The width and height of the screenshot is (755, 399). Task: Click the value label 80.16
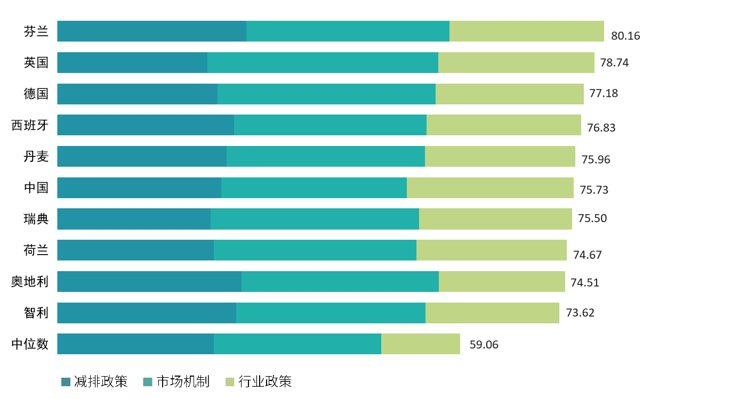(x=625, y=36)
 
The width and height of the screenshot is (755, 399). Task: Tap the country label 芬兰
(x=36, y=31)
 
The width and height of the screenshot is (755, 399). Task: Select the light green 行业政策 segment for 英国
(x=516, y=62)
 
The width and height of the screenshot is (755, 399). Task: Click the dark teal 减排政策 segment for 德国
(x=137, y=94)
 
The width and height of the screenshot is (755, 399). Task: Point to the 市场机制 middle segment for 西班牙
(x=330, y=125)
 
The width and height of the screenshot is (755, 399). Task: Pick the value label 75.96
(x=596, y=159)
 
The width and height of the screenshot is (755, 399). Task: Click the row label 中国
(x=36, y=188)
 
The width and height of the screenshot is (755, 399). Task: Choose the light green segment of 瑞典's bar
(x=495, y=219)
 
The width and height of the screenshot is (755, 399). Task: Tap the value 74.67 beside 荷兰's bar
(x=587, y=255)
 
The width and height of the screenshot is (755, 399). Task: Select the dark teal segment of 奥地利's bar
(x=149, y=281)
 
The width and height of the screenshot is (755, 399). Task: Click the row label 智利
(x=36, y=313)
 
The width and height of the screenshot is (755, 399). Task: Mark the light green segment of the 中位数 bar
(x=420, y=344)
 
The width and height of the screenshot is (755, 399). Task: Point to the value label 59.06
(x=484, y=345)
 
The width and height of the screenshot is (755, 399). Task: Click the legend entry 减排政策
(x=95, y=381)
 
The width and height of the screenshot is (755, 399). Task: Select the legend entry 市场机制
(x=176, y=381)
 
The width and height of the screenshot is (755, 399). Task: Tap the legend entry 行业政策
(x=259, y=381)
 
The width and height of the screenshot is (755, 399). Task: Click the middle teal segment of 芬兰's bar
(x=348, y=31)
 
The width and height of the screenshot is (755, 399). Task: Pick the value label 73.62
(x=580, y=313)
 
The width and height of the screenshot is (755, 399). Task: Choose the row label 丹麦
(x=36, y=157)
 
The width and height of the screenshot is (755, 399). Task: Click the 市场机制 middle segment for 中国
(x=314, y=188)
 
